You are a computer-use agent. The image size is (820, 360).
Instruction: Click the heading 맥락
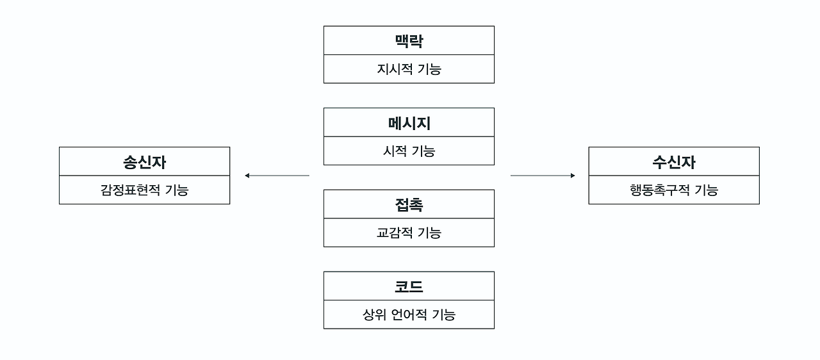(x=409, y=41)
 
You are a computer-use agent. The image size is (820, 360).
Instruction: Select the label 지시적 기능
(x=409, y=69)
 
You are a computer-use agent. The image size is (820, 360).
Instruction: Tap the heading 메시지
(x=409, y=123)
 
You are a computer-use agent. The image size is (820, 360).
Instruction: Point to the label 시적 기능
(x=409, y=151)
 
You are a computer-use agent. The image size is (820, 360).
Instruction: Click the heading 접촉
(x=409, y=205)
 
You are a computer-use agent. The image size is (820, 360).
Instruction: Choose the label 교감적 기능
(x=409, y=233)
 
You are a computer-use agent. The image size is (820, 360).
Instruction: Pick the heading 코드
(x=409, y=287)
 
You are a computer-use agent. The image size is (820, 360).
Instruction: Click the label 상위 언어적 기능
(x=409, y=315)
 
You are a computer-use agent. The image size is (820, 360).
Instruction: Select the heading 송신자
(x=144, y=162)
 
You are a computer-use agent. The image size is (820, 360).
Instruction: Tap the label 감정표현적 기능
(x=144, y=190)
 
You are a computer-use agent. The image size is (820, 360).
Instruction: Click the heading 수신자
(x=674, y=162)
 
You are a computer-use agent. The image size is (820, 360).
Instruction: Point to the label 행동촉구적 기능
(x=674, y=190)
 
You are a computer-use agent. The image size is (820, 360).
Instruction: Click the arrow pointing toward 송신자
(x=277, y=176)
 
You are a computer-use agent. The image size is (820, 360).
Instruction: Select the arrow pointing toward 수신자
(x=543, y=176)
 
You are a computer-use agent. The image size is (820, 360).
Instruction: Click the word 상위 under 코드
(x=373, y=315)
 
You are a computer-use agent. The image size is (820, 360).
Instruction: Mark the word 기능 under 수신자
(x=707, y=190)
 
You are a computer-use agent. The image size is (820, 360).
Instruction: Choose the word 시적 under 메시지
(x=393, y=151)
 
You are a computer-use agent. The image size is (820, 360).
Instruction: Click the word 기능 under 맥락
(x=429, y=69)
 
